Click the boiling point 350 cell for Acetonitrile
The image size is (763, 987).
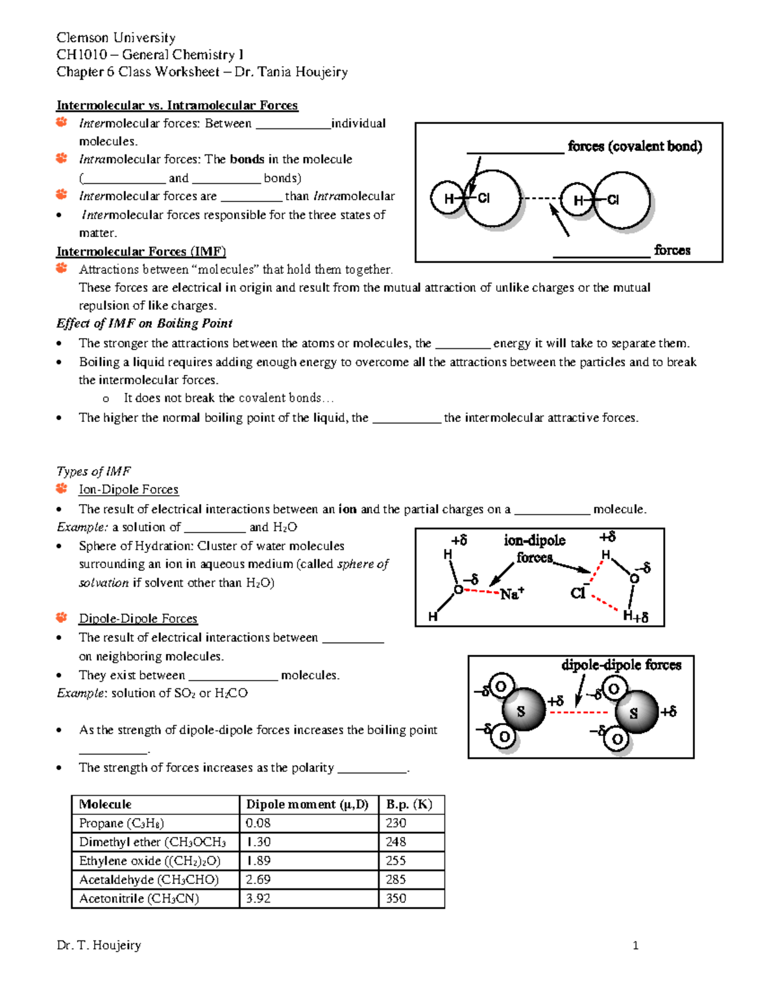pos(396,899)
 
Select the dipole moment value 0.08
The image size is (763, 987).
pos(258,823)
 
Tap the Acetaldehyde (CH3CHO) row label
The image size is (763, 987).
pos(149,880)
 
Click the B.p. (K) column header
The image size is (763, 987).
pos(409,804)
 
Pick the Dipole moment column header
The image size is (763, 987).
pos(307,804)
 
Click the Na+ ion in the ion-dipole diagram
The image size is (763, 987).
pos(511,594)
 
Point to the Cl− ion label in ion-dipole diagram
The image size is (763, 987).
pos(578,593)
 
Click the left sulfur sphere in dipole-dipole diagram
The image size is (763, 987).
pos(523,710)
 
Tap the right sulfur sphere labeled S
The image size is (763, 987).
pos(636,712)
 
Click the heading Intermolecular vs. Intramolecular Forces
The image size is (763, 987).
pos(177,106)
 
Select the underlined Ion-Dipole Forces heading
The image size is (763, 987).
pos(128,489)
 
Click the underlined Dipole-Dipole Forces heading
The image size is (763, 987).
pos(138,618)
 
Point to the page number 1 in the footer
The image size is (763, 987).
pos(635,945)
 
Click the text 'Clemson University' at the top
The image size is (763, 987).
pos(116,37)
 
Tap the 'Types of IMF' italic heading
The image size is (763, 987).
pos(93,471)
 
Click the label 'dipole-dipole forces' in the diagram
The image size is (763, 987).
pos(621,665)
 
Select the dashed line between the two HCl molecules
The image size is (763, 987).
pos(540,199)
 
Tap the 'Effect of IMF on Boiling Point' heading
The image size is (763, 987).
pos(144,323)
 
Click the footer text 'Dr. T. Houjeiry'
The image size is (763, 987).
pos(99,945)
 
